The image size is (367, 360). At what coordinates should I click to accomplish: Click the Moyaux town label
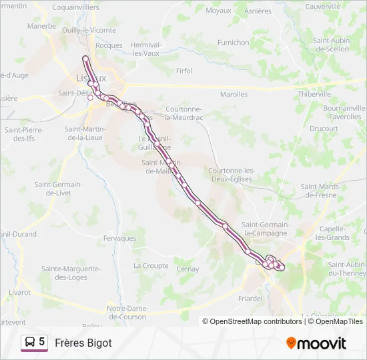[x=219, y=11]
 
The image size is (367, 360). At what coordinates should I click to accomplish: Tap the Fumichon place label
[x=233, y=42]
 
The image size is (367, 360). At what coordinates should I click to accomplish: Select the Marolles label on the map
[x=234, y=95]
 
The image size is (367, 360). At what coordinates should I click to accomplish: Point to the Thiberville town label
[x=314, y=95]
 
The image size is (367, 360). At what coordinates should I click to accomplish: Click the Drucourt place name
[x=324, y=128]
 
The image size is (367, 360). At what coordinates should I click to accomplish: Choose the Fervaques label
[x=120, y=238]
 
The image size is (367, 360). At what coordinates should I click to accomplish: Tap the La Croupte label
[x=151, y=265]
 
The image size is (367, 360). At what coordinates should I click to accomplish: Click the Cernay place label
[x=188, y=269]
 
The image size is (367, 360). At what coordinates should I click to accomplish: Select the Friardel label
[x=250, y=299]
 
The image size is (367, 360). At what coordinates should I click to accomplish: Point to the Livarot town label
[x=20, y=292]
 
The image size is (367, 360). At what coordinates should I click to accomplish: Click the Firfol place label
[x=183, y=71]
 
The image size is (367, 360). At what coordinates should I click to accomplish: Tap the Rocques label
[x=109, y=45]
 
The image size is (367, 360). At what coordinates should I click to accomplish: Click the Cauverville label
[x=322, y=7]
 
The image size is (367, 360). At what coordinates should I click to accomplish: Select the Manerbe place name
[x=42, y=26]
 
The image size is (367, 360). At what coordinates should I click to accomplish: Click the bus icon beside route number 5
[x=29, y=343]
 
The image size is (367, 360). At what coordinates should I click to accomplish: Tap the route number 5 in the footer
[x=42, y=342]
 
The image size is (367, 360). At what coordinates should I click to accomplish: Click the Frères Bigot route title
[x=83, y=343]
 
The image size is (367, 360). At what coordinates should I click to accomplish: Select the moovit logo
[x=316, y=343]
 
